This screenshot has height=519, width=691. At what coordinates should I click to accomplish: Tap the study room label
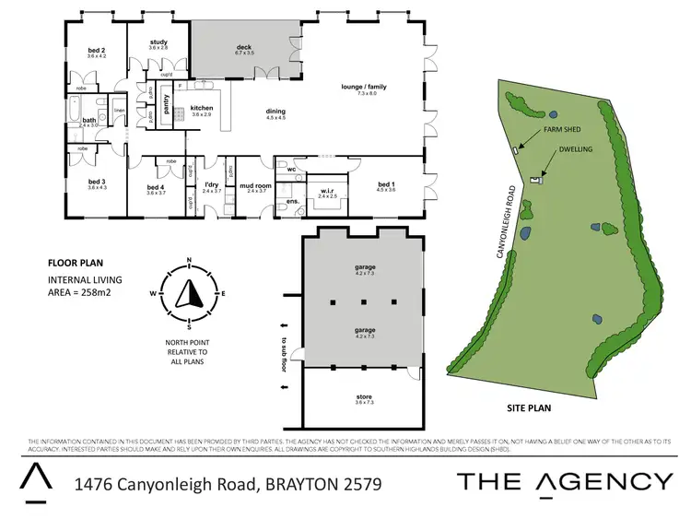pos(158,43)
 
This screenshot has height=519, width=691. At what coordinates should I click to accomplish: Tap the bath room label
pos(89,122)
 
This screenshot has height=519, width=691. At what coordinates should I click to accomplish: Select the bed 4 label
pos(156,190)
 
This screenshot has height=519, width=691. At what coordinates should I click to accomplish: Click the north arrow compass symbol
pos(189,293)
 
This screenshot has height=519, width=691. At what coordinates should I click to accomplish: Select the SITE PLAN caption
pos(530,405)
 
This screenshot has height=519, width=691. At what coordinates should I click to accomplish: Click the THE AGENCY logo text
pos(565,480)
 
